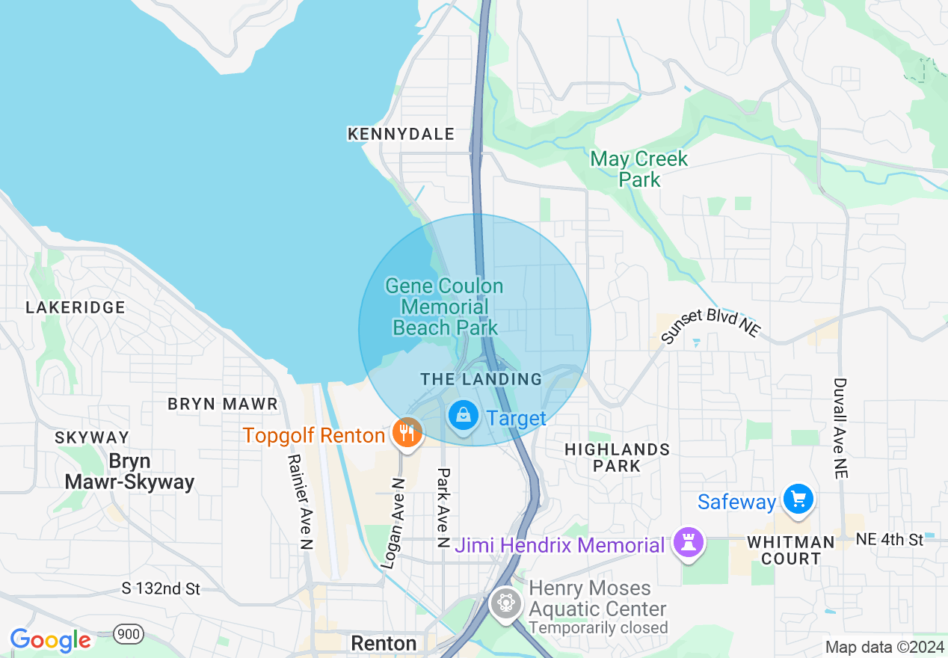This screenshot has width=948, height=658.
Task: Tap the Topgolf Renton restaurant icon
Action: click(407, 433)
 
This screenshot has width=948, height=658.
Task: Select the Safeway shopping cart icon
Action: click(798, 498)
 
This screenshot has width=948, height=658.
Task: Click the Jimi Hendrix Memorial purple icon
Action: click(686, 543)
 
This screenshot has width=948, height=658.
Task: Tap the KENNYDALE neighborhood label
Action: click(401, 134)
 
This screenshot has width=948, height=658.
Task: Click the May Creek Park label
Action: click(638, 169)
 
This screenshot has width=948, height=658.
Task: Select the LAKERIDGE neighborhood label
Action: click(76, 307)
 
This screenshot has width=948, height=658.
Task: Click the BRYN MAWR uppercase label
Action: click(223, 405)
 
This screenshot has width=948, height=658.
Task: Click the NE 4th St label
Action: click(890, 539)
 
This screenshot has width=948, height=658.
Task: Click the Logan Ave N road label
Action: click(393, 523)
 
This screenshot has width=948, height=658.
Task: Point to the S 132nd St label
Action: click(161, 589)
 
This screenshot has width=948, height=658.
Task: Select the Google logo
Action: click(50, 640)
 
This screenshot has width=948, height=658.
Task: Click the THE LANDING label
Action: click(481, 379)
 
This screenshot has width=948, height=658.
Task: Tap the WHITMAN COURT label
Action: click(791, 550)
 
